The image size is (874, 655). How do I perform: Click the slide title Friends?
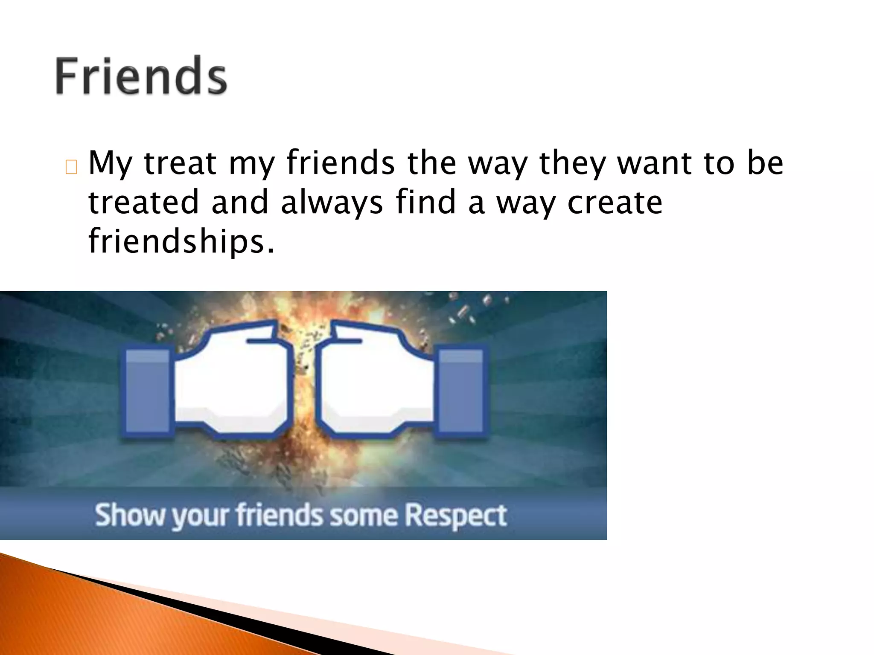click(x=141, y=76)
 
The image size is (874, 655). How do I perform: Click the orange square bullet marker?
click(x=71, y=168)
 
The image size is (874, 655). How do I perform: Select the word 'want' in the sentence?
click(x=655, y=163)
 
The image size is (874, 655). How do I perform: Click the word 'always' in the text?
click(x=332, y=203)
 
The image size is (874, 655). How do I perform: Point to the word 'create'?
click(x=615, y=203)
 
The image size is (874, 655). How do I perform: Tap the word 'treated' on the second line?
click(x=143, y=203)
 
